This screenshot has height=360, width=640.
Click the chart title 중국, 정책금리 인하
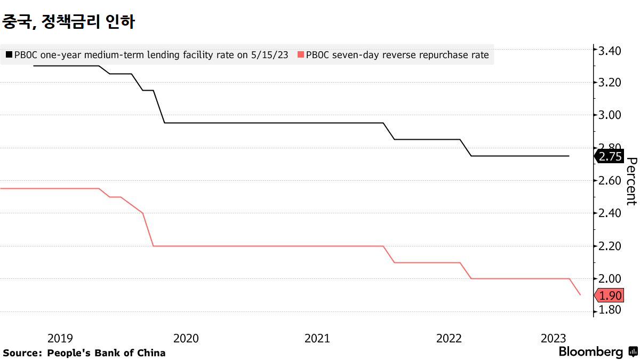pyautogui.click(x=69, y=22)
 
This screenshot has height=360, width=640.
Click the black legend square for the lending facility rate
pyautogui.click(x=9, y=54)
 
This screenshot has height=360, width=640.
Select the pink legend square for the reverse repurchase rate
pyautogui.click(x=301, y=54)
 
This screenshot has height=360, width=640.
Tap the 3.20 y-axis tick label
pyautogui.click(x=610, y=83)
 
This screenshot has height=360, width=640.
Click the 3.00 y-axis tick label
pyautogui.click(x=610, y=115)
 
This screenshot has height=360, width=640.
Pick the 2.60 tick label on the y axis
pyautogui.click(x=610, y=181)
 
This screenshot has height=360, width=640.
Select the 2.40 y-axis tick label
pyautogui.click(x=610, y=213)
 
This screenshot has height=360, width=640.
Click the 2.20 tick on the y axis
pyautogui.click(x=610, y=246)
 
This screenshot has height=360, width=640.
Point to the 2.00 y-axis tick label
pyautogui.click(x=610, y=279)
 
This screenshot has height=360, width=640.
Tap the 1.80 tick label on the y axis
pyautogui.click(x=610, y=310)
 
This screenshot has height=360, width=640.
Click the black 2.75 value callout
pyautogui.click(x=610, y=156)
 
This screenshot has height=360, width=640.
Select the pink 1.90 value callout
pyautogui.click(x=610, y=295)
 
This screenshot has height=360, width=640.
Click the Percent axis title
pyautogui.click(x=631, y=181)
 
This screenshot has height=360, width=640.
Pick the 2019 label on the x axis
pyautogui.click(x=60, y=338)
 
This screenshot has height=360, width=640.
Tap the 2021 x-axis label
pyautogui.click(x=317, y=338)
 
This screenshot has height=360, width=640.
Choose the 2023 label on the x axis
pyautogui.click(x=553, y=338)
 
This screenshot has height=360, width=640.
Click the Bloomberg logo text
pyautogui.click(x=590, y=352)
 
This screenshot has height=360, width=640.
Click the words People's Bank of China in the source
pyautogui.click(x=106, y=353)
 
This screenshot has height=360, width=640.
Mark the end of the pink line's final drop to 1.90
pyautogui.click(x=580, y=295)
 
